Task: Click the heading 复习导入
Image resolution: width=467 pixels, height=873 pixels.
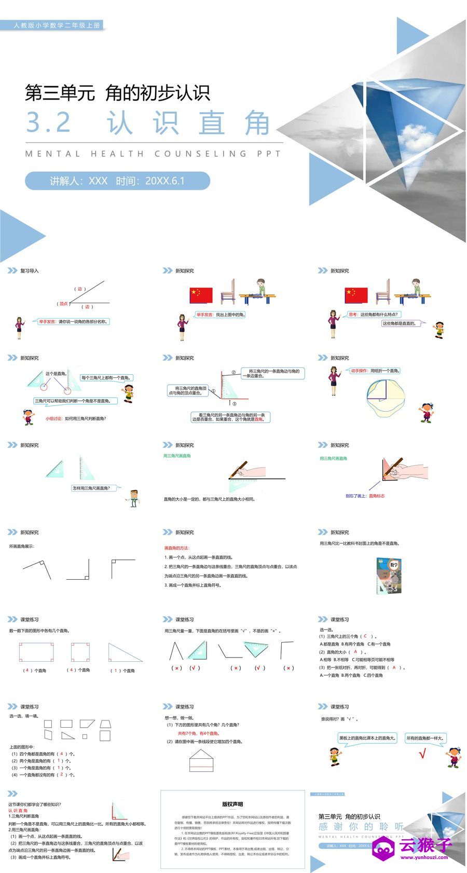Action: click(x=29, y=271)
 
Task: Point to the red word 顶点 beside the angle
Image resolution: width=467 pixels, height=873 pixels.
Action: click(x=63, y=304)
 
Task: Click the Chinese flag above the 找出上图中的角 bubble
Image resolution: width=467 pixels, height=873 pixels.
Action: click(x=201, y=295)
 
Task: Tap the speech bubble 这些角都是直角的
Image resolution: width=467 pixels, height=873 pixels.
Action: click(x=399, y=323)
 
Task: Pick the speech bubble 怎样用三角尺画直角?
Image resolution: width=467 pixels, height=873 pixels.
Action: click(x=94, y=488)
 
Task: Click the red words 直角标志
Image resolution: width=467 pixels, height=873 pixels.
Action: click(x=377, y=496)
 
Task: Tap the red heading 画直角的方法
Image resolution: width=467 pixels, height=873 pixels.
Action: click(x=177, y=548)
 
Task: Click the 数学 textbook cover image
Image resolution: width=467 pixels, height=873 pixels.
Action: click(x=388, y=576)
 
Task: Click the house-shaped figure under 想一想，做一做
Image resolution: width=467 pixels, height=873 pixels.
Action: click(x=202, y=760)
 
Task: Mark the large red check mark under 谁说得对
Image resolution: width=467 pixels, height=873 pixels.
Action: click(x=422, y=754)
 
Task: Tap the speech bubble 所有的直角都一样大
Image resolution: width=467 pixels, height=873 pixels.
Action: click(x=425, y=738)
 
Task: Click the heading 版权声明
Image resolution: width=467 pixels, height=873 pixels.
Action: click(x=232, y=804)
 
